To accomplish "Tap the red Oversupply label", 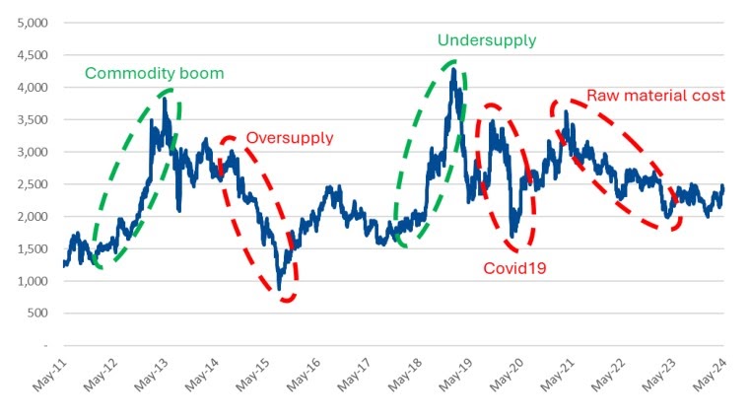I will [x=290, y=138].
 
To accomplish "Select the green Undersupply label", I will [x=487, y=40].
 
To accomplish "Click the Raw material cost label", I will [x=655, y=96].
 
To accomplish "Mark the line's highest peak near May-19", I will [x=452, y=70].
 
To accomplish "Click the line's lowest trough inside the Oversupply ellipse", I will [x=280, y=289].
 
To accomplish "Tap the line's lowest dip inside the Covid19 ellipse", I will [x=513, y=237].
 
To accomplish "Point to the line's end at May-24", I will [x=723, y=186].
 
